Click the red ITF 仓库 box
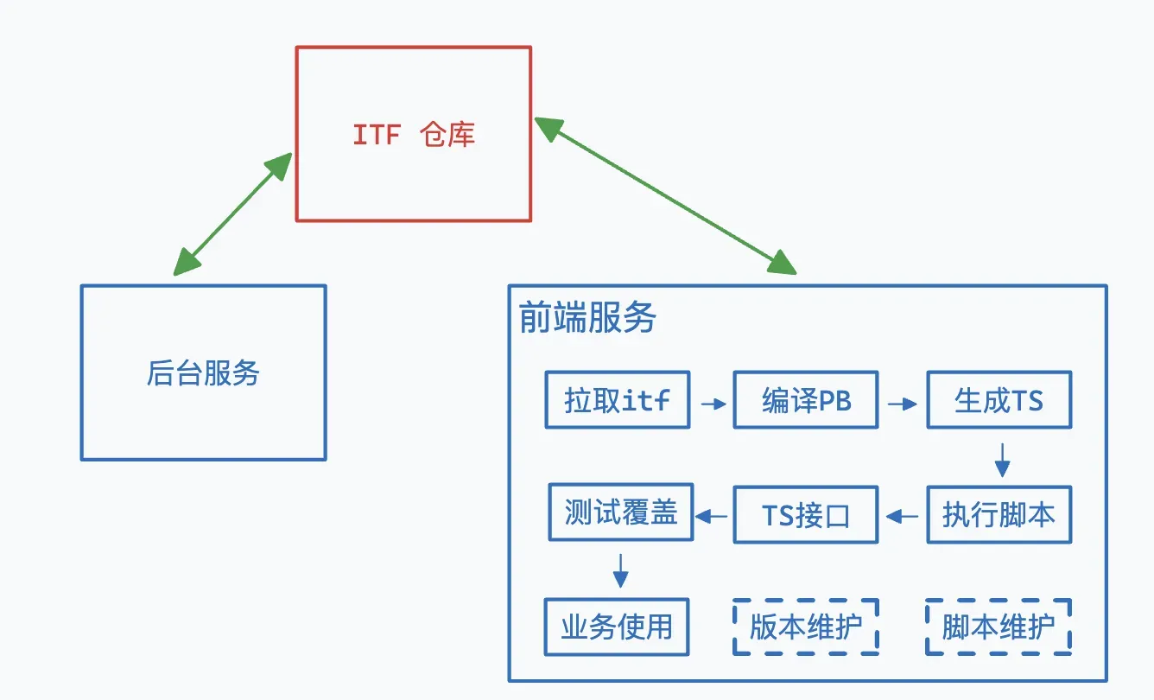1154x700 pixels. tap(414, 134)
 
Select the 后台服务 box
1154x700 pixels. tap(203, 372)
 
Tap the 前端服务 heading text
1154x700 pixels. tap(587, 318)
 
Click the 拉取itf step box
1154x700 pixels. tap(617, 400)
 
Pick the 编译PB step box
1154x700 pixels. tap(806, 400)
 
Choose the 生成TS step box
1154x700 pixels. tap(999, 400)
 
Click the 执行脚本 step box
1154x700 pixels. tap(999, 515)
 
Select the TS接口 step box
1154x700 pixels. tap(806, 515)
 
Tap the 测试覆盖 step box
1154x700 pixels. tap(621, 512)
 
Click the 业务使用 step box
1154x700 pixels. tap(617, 627)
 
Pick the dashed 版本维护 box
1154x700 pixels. tap(806, 627)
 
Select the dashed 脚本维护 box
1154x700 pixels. tap(999, 627)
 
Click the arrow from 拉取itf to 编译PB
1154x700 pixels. tap(713, 403)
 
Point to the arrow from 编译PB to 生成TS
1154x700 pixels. tap(903, 403)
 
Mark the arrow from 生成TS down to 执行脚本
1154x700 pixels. tap(1002, 459)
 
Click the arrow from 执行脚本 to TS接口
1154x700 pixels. tap(903, 517)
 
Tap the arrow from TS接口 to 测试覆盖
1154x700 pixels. tap(713, 517)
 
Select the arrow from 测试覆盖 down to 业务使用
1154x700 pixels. tap(620, 569)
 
